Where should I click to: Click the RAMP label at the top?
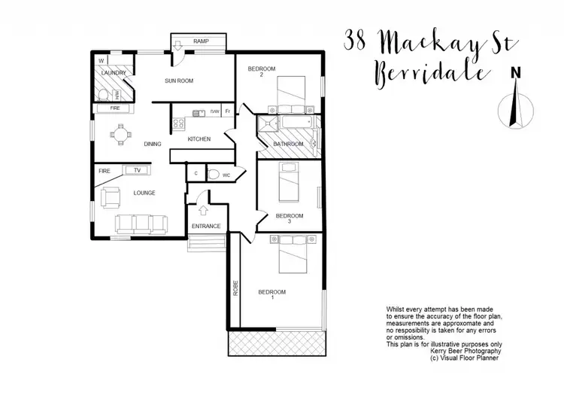point(201,41)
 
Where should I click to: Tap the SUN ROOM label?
point(180,79)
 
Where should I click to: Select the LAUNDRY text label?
point(113,73)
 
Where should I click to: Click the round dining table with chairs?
point(120,137)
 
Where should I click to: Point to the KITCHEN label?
point(199,139)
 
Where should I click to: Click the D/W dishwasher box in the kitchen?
point(214,112)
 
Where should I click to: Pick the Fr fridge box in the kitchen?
point(228,112)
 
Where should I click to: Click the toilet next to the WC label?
point(214,175)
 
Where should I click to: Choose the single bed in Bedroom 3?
point(289,182)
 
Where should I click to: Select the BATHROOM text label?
point(288,144)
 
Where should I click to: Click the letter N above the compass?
point(516,73)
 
